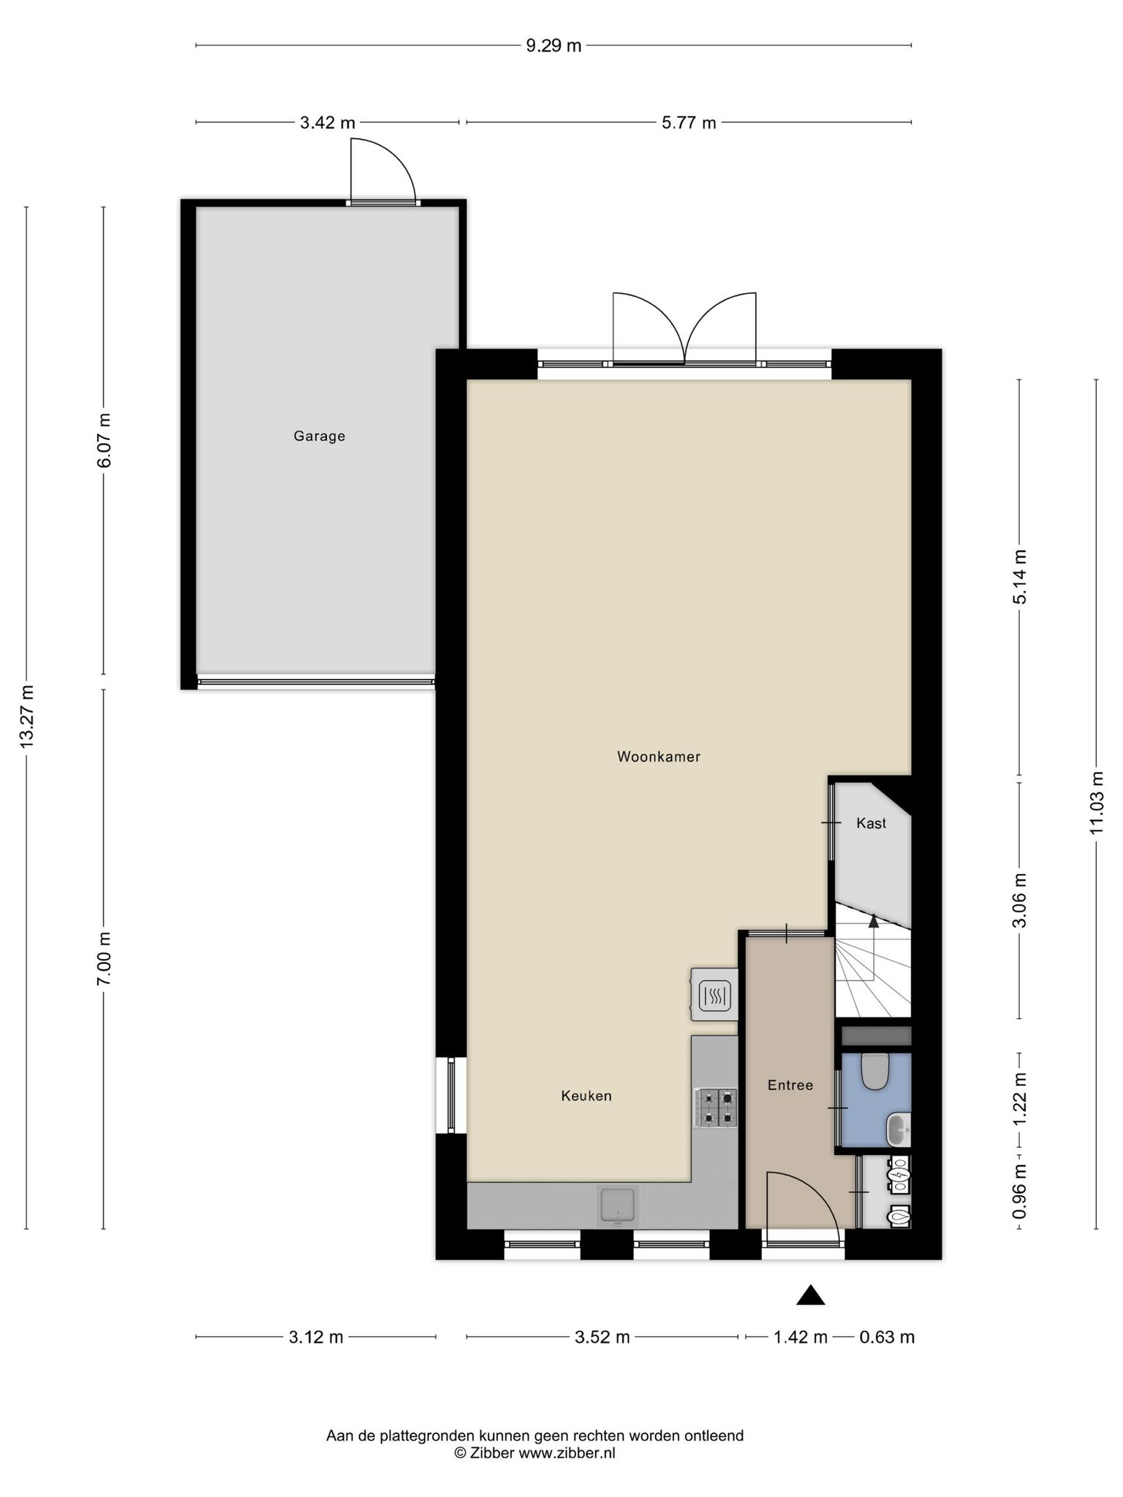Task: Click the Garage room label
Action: (319, 436)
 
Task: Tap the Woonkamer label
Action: (659, 757)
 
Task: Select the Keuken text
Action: (586, 1096)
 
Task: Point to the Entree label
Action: (790, 1085)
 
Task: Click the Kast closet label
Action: (871, 823)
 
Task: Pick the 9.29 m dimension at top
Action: (554, 46)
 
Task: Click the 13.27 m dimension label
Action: (27, 716)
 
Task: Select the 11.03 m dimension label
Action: (1096, 803)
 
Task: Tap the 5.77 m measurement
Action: (689, 123)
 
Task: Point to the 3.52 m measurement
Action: (602, 1338)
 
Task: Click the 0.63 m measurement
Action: (887, 1338)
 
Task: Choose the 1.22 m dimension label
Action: (1020, 1100)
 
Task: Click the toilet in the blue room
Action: (874, 1071)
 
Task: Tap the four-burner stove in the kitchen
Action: (717, 1107)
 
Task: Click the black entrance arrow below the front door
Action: (810, 1295)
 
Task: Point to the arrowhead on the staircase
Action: (873, 921)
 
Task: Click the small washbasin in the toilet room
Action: (899, 1131)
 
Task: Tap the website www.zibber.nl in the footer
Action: (567, 1453)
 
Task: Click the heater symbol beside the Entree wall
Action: (714, 994)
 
